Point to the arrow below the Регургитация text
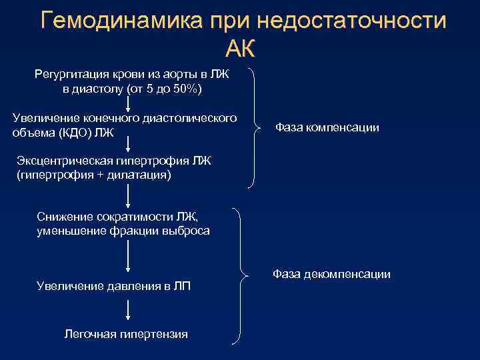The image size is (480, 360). pyautogui.click(x=128, y=103)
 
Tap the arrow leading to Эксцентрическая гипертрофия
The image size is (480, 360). pyautogui.click(x=128, y=146)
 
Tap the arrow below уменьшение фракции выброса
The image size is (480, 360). pyautogui.click(x=128, y=256)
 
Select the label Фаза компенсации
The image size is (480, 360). pyautogui.click(x=327, y=127)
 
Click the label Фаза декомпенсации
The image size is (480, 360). pyautogui.click(x=331, y=274)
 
